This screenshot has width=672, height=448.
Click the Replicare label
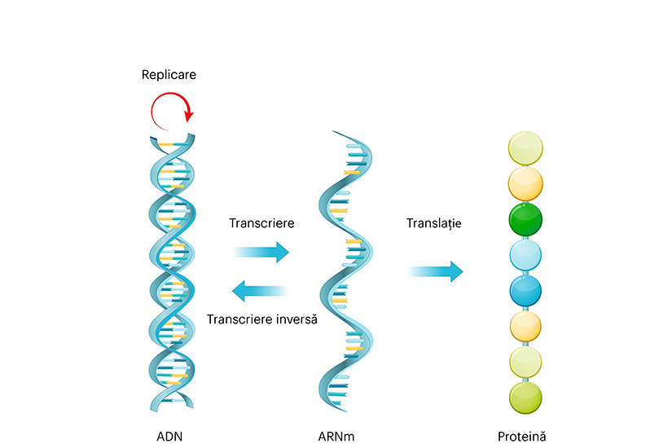point(169,75)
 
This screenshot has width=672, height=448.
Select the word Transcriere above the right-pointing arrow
point(261,222)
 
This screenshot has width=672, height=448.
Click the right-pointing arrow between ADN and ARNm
point(261,252)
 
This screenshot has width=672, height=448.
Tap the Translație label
point(433,222)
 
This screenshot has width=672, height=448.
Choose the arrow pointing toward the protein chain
point(435,271)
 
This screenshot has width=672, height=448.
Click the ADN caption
point(169,435)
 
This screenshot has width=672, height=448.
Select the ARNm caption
point(336,435)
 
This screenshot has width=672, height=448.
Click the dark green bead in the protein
point(526,220)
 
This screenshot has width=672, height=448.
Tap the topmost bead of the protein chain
point(526,148)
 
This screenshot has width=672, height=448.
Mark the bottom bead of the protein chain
point(526,397)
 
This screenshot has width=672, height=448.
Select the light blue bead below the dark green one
point(526,255)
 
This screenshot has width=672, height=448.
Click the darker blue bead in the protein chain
point(526,291)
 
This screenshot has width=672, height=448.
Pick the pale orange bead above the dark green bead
point(526,184)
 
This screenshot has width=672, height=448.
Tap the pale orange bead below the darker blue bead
point(526,327)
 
